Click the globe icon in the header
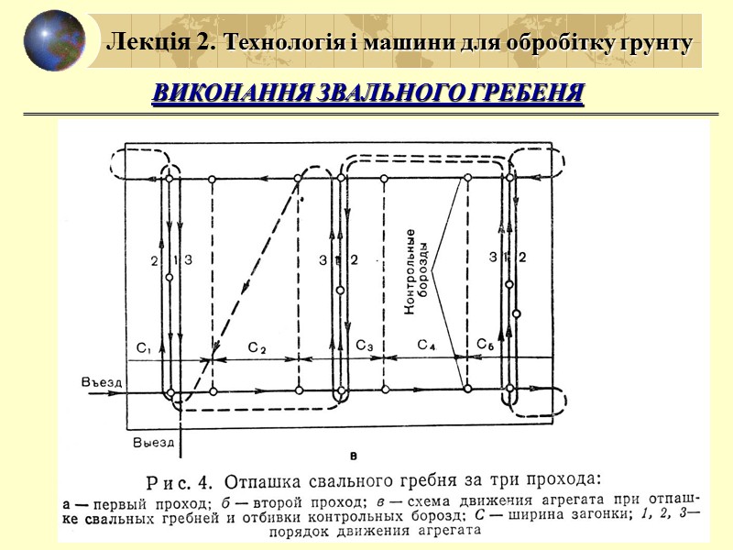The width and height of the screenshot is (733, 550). point(54,40)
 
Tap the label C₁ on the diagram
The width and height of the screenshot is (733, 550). point(144,347)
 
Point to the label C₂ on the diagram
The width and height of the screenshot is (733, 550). point(257,348)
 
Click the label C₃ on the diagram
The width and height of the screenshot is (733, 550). point(364,346)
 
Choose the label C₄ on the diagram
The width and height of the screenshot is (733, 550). point(427,345)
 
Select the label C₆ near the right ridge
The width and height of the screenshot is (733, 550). point(485,344)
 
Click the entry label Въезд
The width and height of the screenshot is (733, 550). point(101,381)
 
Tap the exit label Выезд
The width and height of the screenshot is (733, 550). point(153,442)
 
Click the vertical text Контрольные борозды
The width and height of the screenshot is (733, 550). point(417,272)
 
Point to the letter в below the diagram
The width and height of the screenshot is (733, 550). point(353,455)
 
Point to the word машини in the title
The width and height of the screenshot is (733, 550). point(377,42)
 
